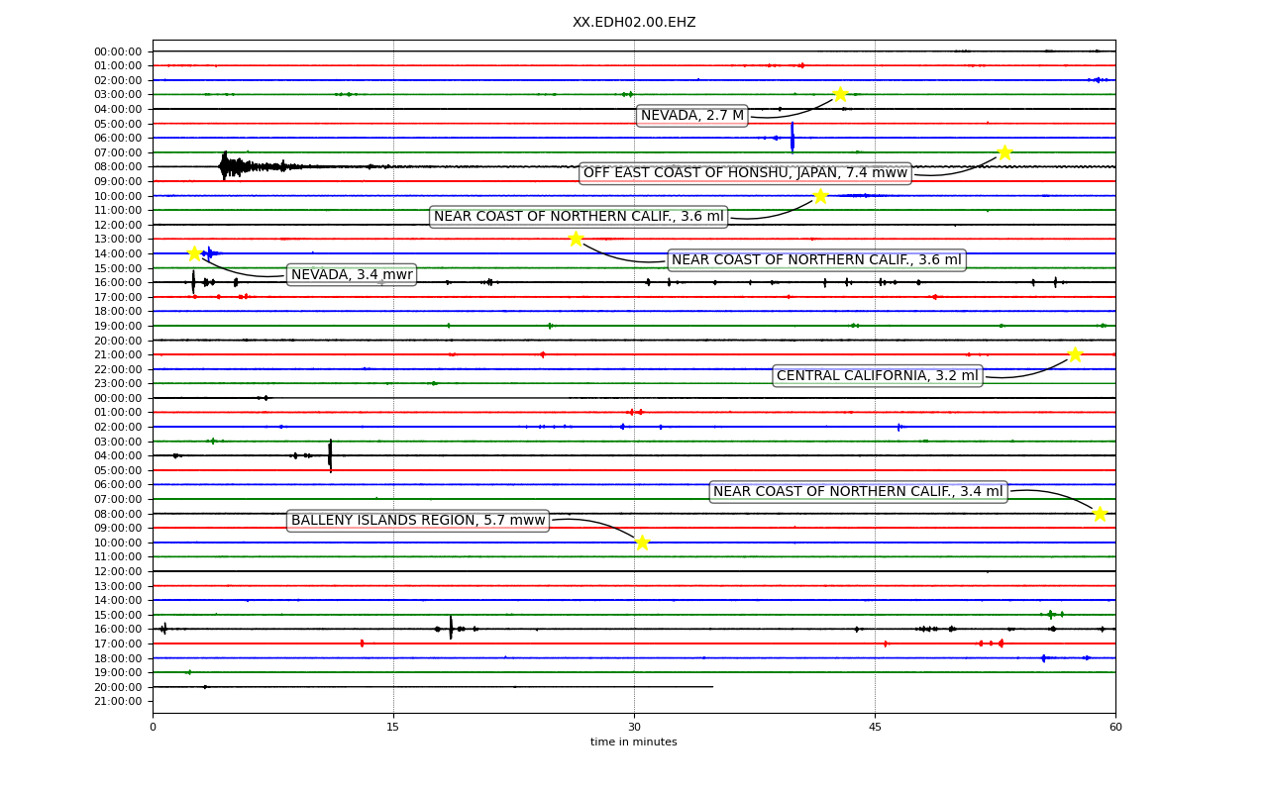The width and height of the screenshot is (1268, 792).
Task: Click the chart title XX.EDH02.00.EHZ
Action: pos(634,22)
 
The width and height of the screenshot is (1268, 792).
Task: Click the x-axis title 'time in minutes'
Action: pos(633,742)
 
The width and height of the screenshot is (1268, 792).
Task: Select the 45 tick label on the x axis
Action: pos(875,727)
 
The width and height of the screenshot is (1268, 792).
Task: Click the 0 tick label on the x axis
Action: pos(153,727)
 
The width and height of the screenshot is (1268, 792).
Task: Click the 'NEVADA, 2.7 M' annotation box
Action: pos(691,116)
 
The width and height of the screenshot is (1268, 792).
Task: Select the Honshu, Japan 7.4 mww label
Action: pos(745,173)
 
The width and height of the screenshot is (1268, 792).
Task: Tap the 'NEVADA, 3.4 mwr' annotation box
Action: pos(352,275)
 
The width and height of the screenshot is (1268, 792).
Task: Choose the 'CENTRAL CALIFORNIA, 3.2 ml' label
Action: pos(878,375)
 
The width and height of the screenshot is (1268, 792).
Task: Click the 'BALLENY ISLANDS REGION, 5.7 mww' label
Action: pos(418,521)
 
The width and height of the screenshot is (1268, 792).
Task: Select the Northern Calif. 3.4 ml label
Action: pos(858,492)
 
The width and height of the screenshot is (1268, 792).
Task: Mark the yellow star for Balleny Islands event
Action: pos(642,543)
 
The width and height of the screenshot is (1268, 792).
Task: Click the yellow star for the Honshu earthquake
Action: pos(1004,152)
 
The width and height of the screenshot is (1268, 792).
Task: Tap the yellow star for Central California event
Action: pos(1075,354)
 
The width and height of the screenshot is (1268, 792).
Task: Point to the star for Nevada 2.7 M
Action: pos(840,94)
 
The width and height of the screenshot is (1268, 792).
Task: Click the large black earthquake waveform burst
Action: pos(255,166)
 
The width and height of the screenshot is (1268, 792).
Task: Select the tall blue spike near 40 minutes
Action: pos(792,138)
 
